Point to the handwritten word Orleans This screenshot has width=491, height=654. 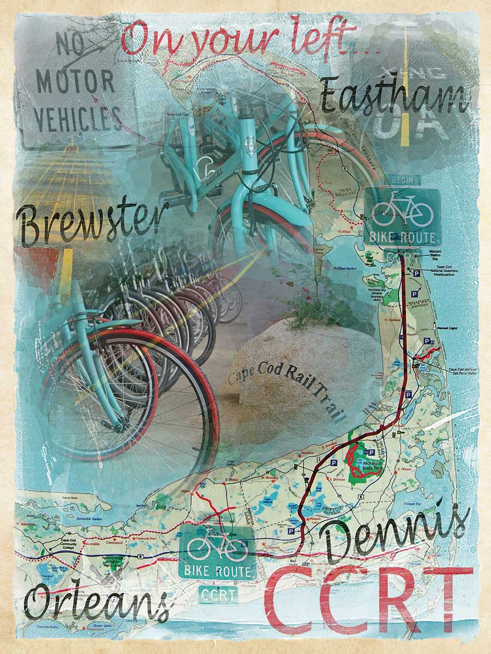coord(98,601)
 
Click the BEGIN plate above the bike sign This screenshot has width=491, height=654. coord(405,180)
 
